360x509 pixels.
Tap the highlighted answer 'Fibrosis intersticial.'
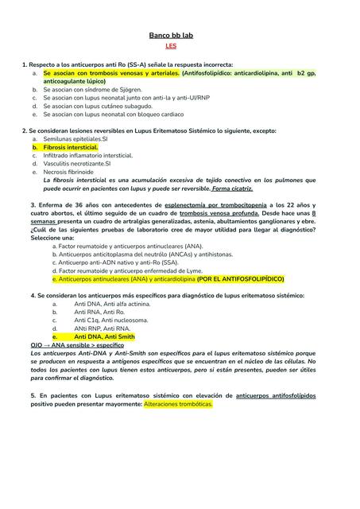(71, 147)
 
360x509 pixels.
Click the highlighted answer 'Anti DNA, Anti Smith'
(104, 336)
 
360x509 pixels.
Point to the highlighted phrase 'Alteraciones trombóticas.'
(179, 404)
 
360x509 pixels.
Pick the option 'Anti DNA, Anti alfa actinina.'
(111, 304)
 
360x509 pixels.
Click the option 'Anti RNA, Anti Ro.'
(99, 312)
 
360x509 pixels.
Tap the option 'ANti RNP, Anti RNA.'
(102, 328)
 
